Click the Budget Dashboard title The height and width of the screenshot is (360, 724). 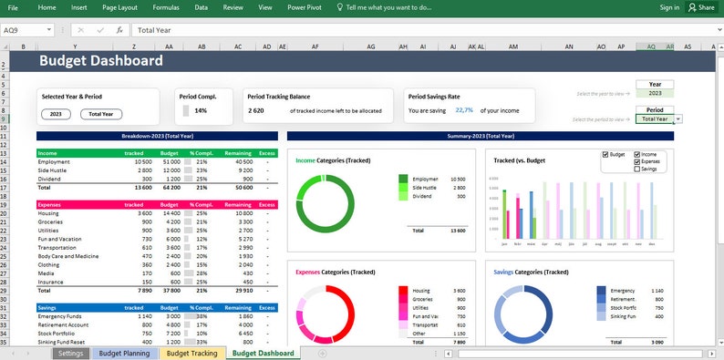pos(101,61)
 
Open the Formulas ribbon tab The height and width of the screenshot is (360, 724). pos(166,7)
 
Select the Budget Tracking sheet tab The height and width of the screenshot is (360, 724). pos(191,353)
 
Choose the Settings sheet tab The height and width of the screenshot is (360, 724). pos(71,353)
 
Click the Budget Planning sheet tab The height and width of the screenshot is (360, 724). pos(124,353)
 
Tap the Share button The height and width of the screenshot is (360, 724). pos(701,7)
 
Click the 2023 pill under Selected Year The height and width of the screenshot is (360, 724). pos(56,114)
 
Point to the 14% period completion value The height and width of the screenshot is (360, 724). pos(201,110)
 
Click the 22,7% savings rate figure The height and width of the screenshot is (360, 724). pos(464,110)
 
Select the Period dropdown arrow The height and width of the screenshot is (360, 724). pos(679,118)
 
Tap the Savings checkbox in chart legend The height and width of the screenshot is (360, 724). pos(638,169)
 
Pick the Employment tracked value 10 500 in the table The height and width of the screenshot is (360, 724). pos(139,161)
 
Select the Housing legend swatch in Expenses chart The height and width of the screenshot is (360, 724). pos(403,290)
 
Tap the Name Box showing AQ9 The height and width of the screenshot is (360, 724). pos(18,30)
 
